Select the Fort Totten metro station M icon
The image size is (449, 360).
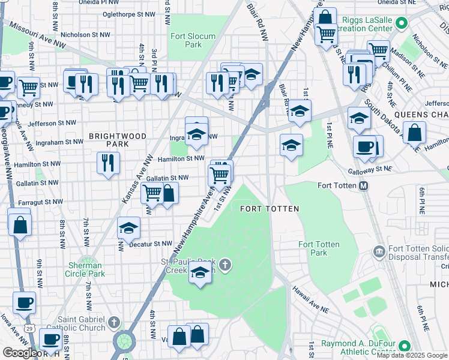pyautogui.click(x=363, y=187)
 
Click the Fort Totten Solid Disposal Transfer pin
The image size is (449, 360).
pyautogui.click(x=379, y=250)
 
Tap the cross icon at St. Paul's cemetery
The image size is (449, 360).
pyautogui.click(x=225, y=265)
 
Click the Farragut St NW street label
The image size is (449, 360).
pyautogui.click(x=41, y=202)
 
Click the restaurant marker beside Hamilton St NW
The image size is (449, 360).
pyautogui.click(x=108, y=163)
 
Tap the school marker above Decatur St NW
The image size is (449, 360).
pyautogui.click(x=129, y=228)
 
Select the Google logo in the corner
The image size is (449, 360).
pyautogui.click(x=19, y=352)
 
